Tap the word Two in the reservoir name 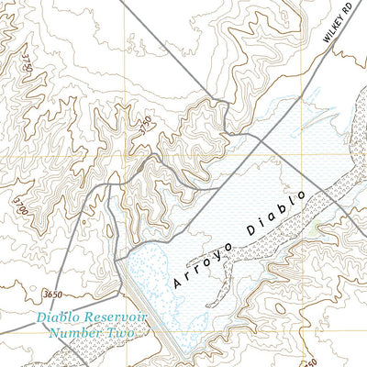click(x=120, y=333)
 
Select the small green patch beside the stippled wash click(x=317, y=226)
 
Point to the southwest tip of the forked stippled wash click(x=210, y=302)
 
